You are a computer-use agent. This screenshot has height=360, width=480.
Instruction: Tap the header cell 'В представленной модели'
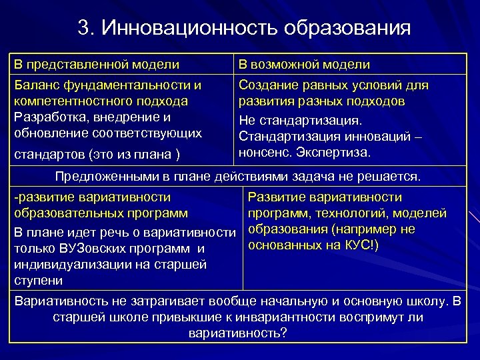97,65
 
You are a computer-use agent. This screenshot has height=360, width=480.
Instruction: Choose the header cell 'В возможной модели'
304,65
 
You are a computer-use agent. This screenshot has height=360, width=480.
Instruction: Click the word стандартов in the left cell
48,155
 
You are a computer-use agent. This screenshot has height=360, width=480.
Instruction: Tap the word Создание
268,86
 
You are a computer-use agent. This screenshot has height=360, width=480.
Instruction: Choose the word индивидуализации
65,265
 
